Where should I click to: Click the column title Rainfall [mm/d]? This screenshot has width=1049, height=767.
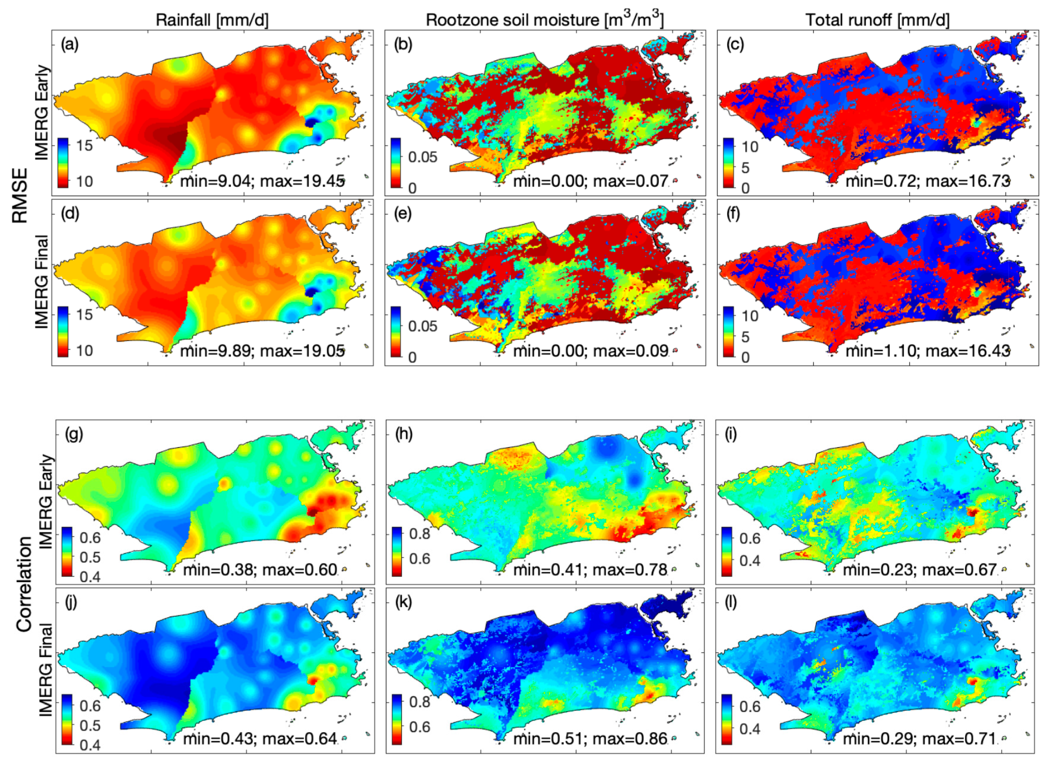pos(212,20)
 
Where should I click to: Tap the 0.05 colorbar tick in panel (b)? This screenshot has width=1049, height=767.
pos(422,157)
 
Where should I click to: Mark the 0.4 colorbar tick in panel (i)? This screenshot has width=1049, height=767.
pos(749,560)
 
